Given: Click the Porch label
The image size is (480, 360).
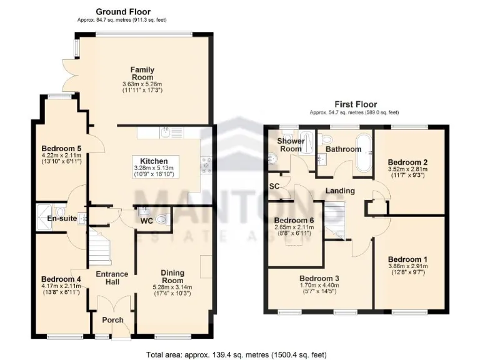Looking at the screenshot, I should click(x=113, y=320).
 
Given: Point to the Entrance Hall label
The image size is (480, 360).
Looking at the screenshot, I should click(x=111, y=278).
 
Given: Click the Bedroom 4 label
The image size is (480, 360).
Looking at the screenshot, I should click(x=61, y=279).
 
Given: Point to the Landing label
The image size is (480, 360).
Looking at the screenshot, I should click(x=340, y=191).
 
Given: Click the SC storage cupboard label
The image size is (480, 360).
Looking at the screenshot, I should click(x=274, y=186).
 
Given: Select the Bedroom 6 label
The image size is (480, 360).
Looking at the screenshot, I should click(x=294, y=221).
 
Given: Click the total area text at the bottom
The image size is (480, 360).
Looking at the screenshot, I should click(x=236, y=354).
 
